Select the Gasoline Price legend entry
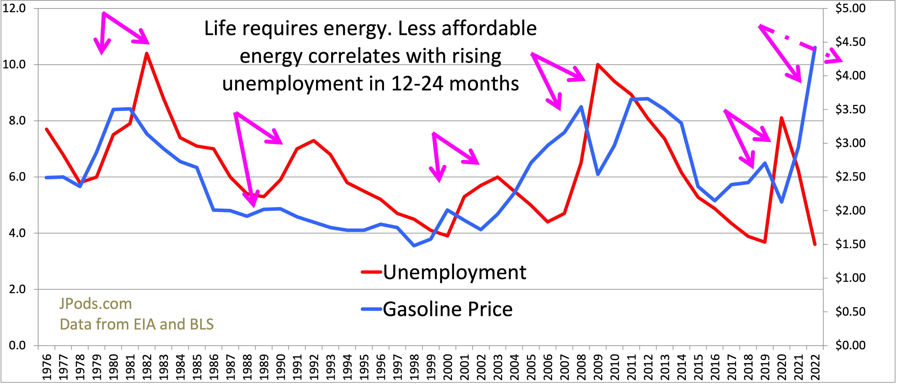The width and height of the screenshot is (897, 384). (x=447, y=309)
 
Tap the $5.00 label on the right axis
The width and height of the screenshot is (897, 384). (x=850, y=8)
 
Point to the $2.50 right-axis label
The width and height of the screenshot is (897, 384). (x=850, y=177)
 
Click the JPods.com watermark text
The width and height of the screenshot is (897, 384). (x=95, y=304)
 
